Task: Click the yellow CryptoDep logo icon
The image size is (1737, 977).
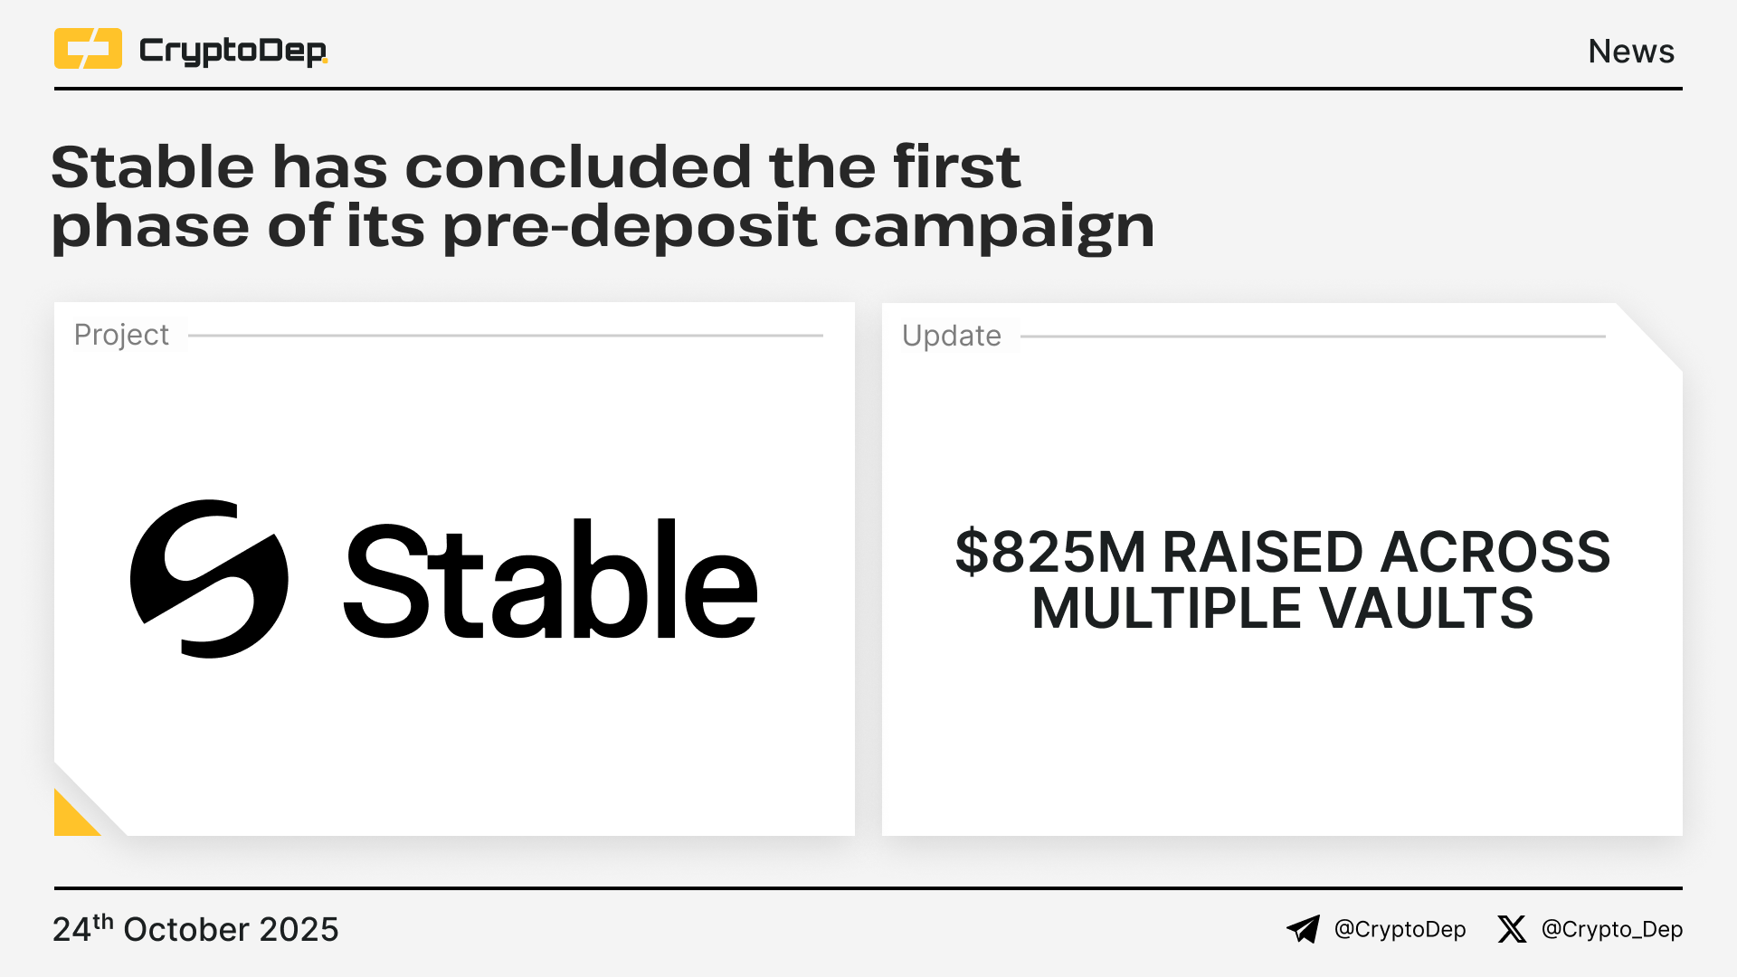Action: pyautogui.click(x=88, y=49)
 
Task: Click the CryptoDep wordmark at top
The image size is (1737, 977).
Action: pyautogui.click(x=233, y=52)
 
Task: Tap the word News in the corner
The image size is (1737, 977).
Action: pyautogui.click(x=1631, y=52)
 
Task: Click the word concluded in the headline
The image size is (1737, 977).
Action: pyautogui.click(x=578, y=166)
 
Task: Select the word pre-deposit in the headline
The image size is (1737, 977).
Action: pyautogui.click(x=630, y=226)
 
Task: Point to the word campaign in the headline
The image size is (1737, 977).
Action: pyautogui.click(x=994, y=226)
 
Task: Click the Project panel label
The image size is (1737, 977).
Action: pyautogui.click(x=121, y=336)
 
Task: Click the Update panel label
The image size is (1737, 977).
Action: pyautogui.click(x=952, y=337)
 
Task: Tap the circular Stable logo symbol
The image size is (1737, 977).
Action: pyautogui.click(x=209, y=579)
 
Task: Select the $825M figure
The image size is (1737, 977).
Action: pyautogui.click(x=1050, y=552)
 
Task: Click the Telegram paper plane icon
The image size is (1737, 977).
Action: pyautogui.click(x=1304, y=929)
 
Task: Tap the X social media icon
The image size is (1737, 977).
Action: pyautogui.click(x=1512, y=929)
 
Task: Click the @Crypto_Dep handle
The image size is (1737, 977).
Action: pyautogui.click(x=1612, y=930)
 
